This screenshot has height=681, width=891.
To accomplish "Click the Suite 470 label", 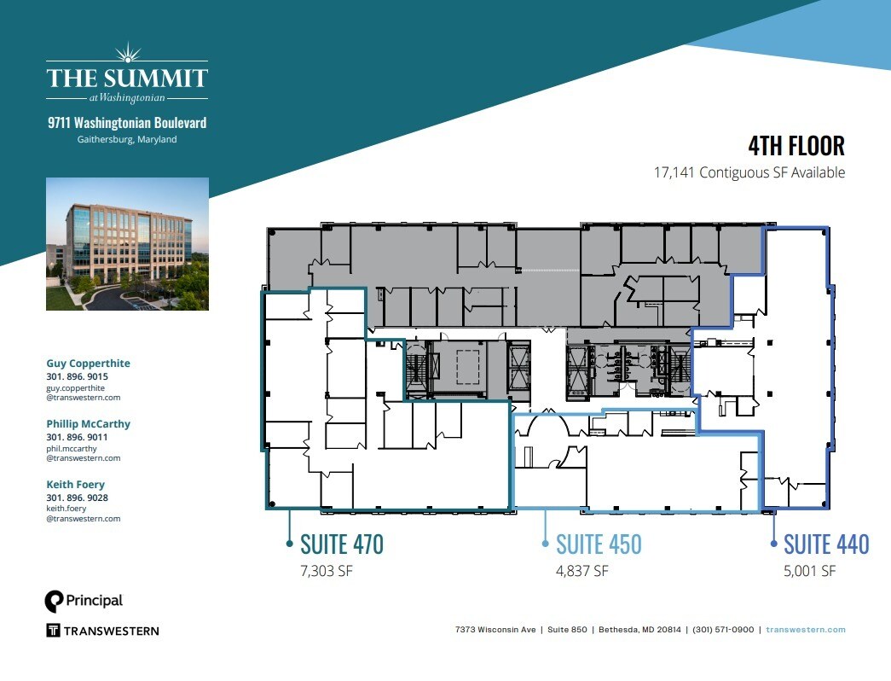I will pos(342,544).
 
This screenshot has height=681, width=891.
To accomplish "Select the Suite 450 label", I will pos(599,544).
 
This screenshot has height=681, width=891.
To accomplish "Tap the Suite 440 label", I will pos(826,544).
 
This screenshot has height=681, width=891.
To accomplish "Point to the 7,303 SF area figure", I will pos(326,571).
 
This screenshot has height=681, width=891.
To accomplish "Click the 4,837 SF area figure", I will pos(582,571).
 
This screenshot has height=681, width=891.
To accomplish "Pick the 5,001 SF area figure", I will pos(810,571).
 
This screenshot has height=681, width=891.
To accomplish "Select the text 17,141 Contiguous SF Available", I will pos(749,172).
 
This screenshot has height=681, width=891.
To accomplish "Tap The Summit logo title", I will pos(127,79).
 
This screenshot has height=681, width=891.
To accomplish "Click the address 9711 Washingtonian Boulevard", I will pos(127,123).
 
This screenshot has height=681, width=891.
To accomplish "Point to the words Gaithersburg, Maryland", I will pos(127,139).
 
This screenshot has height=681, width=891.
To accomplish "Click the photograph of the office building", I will pos(127,243).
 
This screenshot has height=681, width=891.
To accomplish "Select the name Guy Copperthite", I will pos(88,364).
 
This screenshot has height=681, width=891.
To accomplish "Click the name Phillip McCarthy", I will pos(88,424).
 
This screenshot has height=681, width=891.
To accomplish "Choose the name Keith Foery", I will pos(75,485).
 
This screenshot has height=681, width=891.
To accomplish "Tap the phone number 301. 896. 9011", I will pos(77,437).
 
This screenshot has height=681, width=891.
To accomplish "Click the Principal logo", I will pos(84,601).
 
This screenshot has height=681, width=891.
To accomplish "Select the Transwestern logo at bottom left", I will pos(101,631).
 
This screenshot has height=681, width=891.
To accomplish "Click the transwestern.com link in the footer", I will pos(806,630).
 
